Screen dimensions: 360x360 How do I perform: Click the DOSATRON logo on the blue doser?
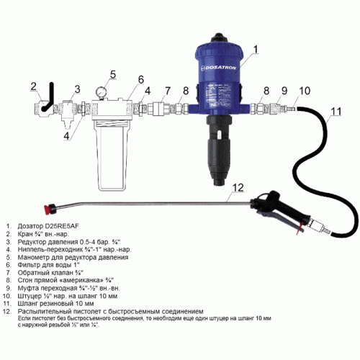coord(218,68)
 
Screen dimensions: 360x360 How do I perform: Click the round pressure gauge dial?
coord(100,91)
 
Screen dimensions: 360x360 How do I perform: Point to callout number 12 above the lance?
coord(238,187)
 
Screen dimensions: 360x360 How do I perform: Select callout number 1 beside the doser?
coord(256,49)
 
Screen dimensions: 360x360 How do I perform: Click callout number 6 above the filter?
coord(141,79)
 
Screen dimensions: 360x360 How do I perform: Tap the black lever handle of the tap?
coord(48,97)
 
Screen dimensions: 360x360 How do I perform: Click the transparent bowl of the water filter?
coord(112,156)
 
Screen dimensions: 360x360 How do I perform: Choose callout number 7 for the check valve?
coord(168,91)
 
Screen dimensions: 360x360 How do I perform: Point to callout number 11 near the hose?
coord(336,111)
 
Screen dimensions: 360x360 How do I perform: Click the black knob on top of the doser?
coord(219,37)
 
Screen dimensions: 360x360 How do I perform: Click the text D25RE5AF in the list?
coord(62,226)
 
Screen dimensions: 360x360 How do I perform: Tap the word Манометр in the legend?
coord(34,257)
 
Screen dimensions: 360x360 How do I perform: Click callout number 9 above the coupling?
coord(284,91)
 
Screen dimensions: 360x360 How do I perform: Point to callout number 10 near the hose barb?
coord(305,91)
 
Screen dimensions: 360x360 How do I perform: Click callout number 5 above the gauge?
coord(113,74)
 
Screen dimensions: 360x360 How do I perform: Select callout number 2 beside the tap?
coord(33,86)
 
